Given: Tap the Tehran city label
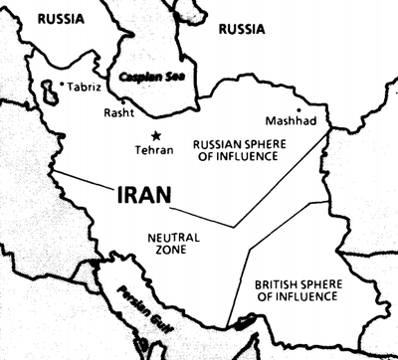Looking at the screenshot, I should [153, 150].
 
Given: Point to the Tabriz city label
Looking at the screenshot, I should [85, 87].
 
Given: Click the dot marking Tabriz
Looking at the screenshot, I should [63, 85].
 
